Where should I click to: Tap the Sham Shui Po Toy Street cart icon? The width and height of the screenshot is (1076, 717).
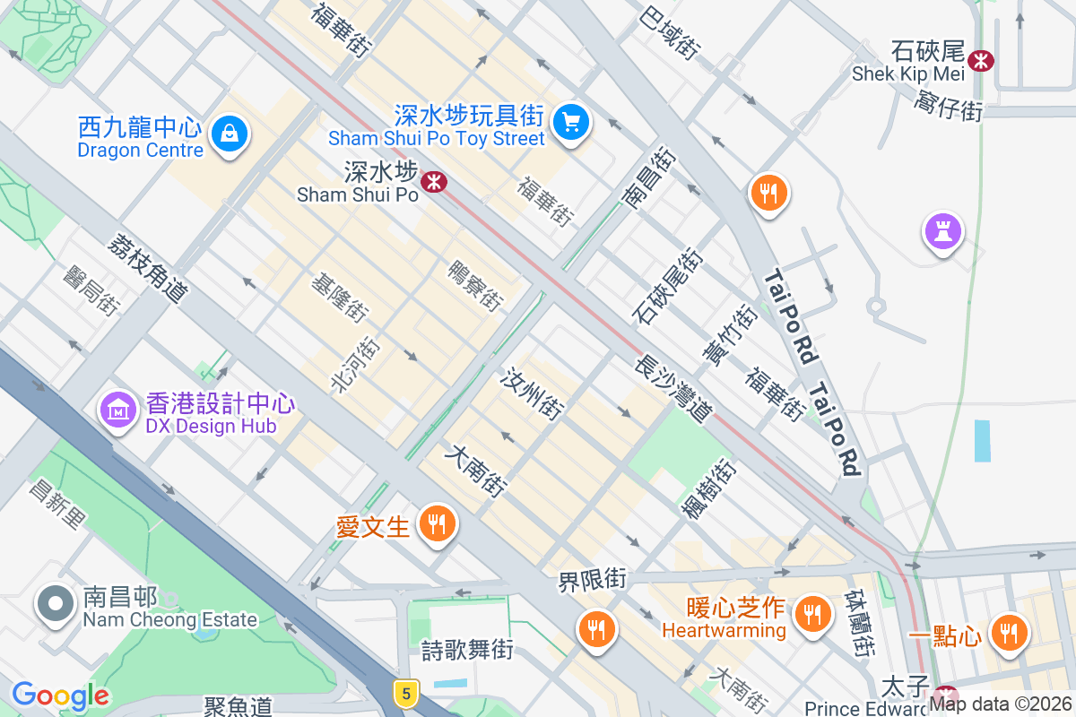(x=570, y=121)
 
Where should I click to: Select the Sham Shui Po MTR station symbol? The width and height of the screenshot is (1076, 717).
(x=434, y=182)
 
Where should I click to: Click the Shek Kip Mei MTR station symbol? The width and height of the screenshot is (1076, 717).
(x=983, y=60)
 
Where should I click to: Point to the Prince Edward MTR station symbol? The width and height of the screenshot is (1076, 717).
(x=944, y=695)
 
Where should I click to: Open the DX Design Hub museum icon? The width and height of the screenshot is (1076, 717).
(x=118, y=410)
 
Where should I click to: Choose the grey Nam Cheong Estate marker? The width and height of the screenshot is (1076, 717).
(x=56, y=604)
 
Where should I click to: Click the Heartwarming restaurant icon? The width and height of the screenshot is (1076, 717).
(x=812, y=614)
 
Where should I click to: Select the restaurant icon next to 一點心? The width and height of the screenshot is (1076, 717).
(x=1010, y=633)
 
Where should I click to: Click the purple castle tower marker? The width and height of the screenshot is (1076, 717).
(x=942, y=231)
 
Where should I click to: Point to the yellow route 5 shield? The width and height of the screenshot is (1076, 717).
(x=406, y=692)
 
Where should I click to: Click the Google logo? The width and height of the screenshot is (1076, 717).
(x=61, y=695)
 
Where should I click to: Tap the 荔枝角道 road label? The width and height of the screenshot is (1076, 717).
(x=149, y=266)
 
